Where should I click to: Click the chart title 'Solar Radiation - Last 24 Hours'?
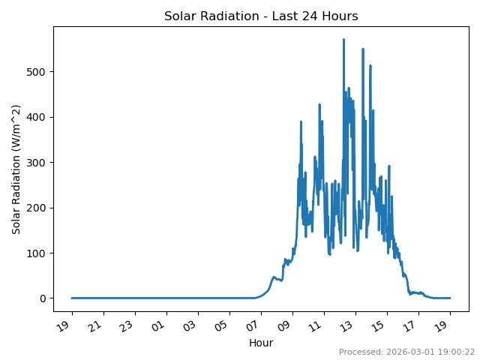261,16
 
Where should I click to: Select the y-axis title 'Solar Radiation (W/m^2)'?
16,169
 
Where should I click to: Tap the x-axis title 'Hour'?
261,343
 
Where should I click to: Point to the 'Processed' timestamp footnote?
406,352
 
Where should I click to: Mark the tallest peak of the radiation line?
343,40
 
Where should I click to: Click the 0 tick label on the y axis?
43,298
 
